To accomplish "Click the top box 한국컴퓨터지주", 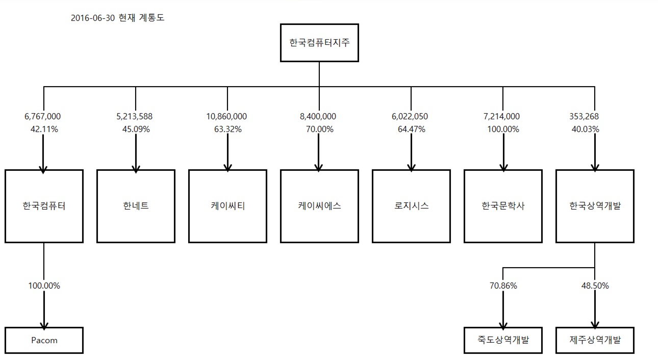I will pos(319,43).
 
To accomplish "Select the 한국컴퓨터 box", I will pos(44,206).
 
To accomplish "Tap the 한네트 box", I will pos(136,206).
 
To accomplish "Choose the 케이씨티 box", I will pos(227,206).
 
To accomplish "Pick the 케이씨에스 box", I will pos(319,206).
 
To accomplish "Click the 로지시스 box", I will pos(411,206).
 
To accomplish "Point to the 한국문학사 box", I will pos(503,206).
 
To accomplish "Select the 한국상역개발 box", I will pos(595,206).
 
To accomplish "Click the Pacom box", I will pos(44,340).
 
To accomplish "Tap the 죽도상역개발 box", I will pos(503,340).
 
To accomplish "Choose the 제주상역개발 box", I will pos(595,340).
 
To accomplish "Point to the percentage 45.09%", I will pos(136,129).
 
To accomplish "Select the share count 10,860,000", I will pos(227,117).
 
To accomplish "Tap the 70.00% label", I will pos(319,129).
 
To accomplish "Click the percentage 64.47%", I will pos(411,129).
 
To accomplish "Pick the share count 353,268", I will pos(585,117).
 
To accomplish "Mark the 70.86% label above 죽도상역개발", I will pos(503,286).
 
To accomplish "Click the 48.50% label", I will pos(595,286).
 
